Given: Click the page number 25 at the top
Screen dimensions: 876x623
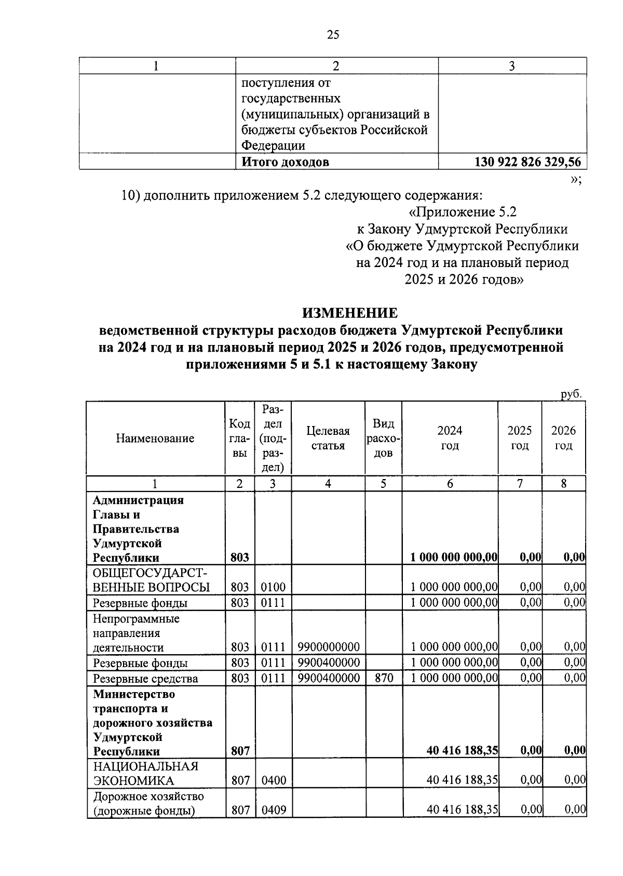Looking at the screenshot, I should pyautogui.click(x=333, y=35).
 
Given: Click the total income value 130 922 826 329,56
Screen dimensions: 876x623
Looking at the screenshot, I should pyautogui.click(x=527, y=162).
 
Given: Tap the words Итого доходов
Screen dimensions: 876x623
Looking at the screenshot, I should pyautogui.click(x=286, y=162).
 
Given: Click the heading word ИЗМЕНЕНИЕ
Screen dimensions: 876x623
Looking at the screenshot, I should pyautogui.click(x=350, y=313).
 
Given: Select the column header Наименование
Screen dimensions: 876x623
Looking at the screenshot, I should pyautogui.click(x=155, y=438).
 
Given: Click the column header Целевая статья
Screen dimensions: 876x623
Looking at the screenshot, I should pyautogui.click(x=328, y=438).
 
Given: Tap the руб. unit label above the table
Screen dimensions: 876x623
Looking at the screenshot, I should pyautogui.click(x=571, y=394).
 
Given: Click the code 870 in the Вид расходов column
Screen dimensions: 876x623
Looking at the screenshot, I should pyautogui.click(x=384, y=678).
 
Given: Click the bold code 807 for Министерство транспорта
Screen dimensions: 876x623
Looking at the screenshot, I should pyautogui.click(x=240, y=751).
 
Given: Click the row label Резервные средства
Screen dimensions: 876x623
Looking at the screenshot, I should pyautogui.click(x=145, y=679).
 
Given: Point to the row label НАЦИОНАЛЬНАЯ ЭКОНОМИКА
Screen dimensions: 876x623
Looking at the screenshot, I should pyautogui.click(x=145, y=773).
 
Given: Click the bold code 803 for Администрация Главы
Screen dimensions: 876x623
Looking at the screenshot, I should pyautogui.click(x=240, y=558).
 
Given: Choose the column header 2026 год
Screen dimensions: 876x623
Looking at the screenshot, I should pyautogui.click(x=563, y=438).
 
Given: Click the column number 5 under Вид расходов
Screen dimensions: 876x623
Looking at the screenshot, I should pyautogui.click(x=383, y=484).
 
